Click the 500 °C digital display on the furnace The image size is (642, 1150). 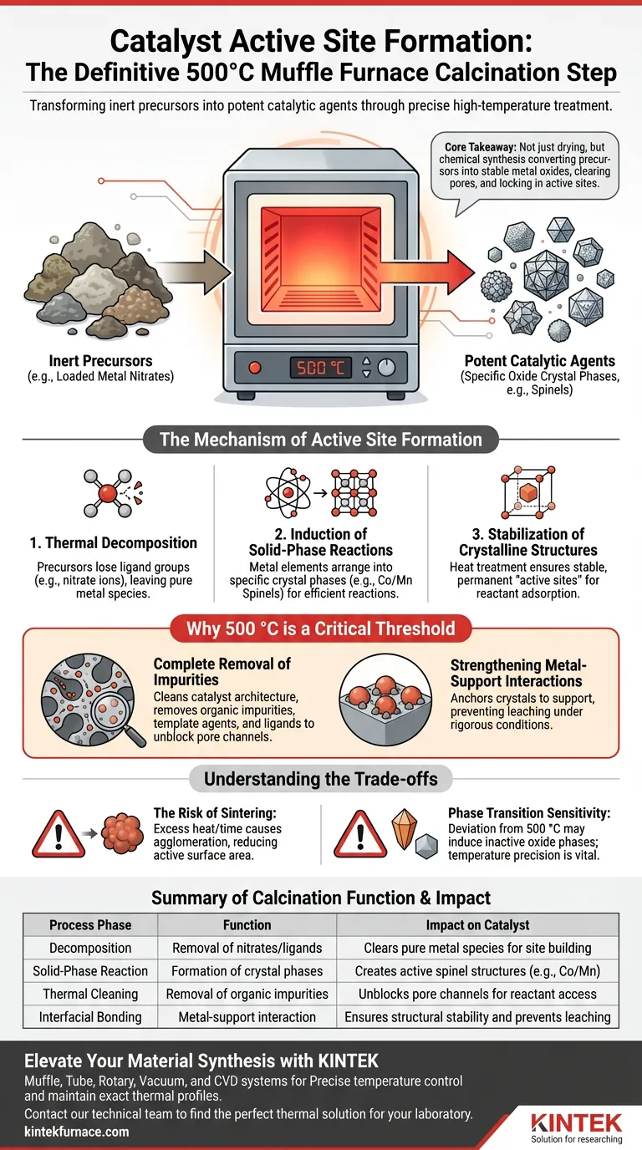pos(321,367)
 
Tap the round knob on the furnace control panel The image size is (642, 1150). pos(386,367)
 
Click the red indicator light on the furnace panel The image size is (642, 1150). pos(255,367)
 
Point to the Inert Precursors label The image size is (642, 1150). pos(100,361)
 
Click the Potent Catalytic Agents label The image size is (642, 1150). pos(539,361)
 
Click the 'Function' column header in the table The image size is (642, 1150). pos(247,925)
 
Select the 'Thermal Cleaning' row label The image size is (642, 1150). pos(89,995)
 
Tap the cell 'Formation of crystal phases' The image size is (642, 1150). pos(247,971)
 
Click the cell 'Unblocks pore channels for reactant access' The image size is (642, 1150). pos(477,995)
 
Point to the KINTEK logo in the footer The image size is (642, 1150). pos(576,1120)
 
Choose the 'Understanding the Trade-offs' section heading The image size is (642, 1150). pos(320,779)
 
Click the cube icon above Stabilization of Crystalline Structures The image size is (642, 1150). pos(527,492)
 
